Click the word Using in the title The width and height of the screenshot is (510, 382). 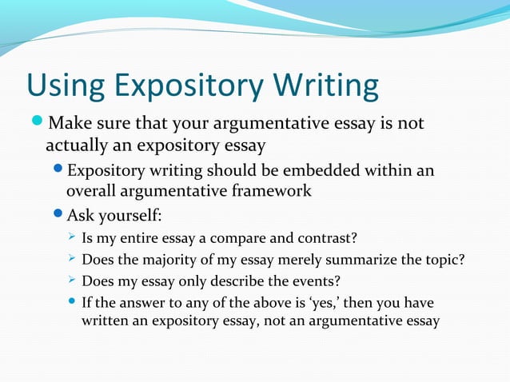[x=65, y=87]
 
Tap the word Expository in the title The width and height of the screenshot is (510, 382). [x=189, y=87]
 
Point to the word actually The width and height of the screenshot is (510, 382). [x=74, y=145]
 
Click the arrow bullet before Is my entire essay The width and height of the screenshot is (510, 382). [x=70, y=237]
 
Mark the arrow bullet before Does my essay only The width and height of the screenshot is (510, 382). [x=70, y=282]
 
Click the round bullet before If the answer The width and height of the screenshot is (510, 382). [x=71, y=304]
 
